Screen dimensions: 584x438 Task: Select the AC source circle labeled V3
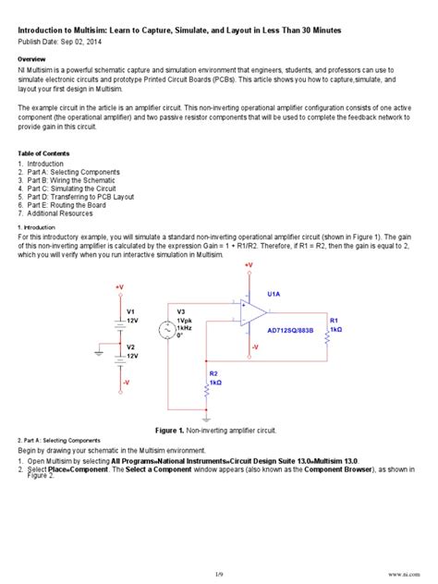tap(167, 327)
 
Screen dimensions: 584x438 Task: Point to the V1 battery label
tap(131, 310)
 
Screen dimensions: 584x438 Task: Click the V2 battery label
tap(131, 347)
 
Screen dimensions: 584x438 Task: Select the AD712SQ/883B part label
tap(291, 329)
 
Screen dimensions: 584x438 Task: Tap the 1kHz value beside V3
tap(184, 327)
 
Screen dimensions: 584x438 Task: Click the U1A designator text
tap(274, 294)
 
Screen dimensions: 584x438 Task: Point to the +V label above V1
tap(119, 286)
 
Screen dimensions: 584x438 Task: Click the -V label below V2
tap(126, 381)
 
